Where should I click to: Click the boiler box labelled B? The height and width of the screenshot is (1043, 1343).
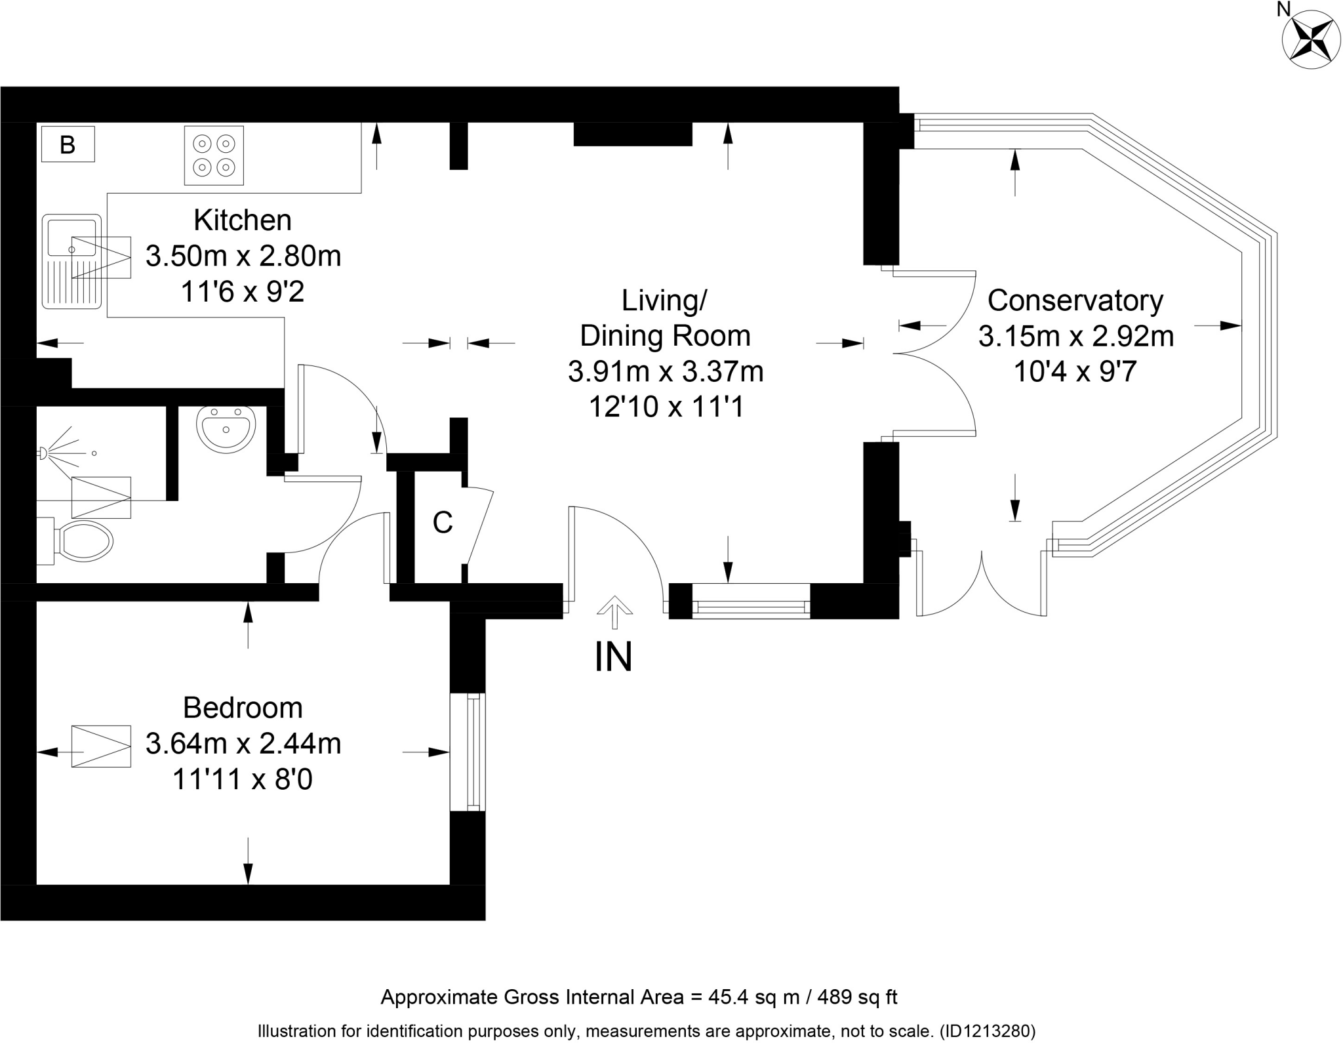pos(68,144)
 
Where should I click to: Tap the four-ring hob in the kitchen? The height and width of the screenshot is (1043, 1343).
pos(214,155)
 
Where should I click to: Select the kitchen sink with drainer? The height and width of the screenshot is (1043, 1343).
pos(71,260)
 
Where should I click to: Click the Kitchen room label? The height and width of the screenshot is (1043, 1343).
pos(242,220)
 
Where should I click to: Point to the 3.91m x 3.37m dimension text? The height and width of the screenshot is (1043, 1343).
pos(665,372)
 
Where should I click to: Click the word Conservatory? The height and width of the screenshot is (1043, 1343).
pos(1075,300)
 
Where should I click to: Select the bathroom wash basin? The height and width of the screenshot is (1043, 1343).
pos(226,428)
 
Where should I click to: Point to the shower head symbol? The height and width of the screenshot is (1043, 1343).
pos(43,453)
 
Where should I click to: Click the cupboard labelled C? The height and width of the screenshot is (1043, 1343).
pos(443,523)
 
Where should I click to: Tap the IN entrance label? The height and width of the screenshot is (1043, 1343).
pos(613,657)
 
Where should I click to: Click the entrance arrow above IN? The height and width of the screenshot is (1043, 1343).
pos(614,611)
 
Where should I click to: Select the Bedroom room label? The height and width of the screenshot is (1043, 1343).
pos(243,708)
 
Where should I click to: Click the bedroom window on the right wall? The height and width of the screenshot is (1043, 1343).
pos(468,752)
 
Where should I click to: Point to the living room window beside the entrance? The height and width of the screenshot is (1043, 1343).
pos(751,600)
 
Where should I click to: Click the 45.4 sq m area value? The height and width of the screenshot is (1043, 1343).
pos(753,998)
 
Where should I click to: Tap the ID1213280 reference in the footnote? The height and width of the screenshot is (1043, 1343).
pos(987,1031)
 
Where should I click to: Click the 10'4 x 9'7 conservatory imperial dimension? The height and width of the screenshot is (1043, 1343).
pos(1075,372)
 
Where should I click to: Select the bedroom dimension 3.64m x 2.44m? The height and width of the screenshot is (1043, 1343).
pos(243,744)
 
